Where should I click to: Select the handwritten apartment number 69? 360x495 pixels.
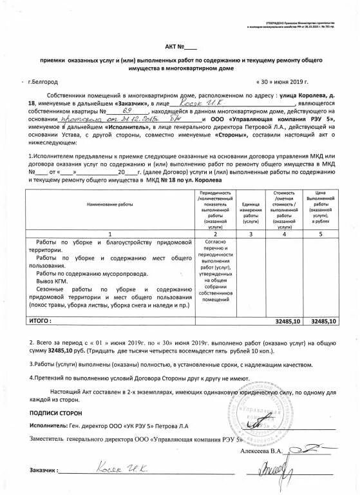click(x=118, y=111)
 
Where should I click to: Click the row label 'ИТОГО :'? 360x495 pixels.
click(x=39, y=320)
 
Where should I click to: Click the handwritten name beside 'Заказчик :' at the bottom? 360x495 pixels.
click(x=123, y=471)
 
